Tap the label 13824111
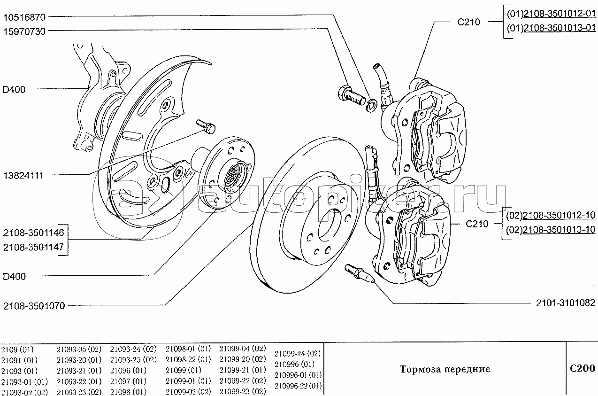point(23,175)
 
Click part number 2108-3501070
point(34,306)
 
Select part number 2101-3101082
point(565,303)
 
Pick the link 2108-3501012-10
point(559,216)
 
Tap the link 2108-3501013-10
point(559,230)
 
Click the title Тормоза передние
point(445,369)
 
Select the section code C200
point(582,368)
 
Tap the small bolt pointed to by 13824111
point(205,125)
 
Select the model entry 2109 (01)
point(17,349)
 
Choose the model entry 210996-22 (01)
point(298,386)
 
